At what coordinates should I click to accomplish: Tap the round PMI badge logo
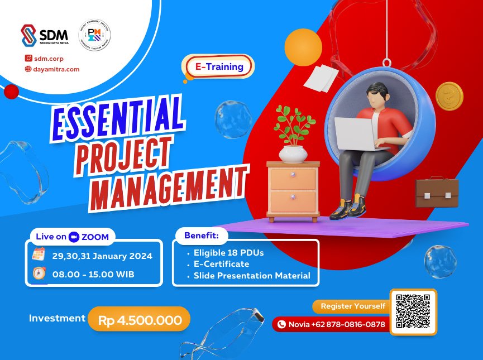(94, 35)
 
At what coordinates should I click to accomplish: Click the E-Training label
(219, 66)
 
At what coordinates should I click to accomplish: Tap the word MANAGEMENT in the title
(168, 184)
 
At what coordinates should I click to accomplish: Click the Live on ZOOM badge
(72, 237)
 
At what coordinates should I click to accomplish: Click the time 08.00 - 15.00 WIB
(94, 274)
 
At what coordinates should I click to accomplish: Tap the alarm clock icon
(39, 274)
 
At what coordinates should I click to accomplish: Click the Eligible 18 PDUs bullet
(229, 252)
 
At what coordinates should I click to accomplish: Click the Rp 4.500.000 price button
(140, 320)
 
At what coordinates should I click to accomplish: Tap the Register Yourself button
(353, 306)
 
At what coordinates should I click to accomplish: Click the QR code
(413, 311)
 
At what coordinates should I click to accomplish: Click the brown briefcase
(437, 193)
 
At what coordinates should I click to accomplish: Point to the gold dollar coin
(449, 96)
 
